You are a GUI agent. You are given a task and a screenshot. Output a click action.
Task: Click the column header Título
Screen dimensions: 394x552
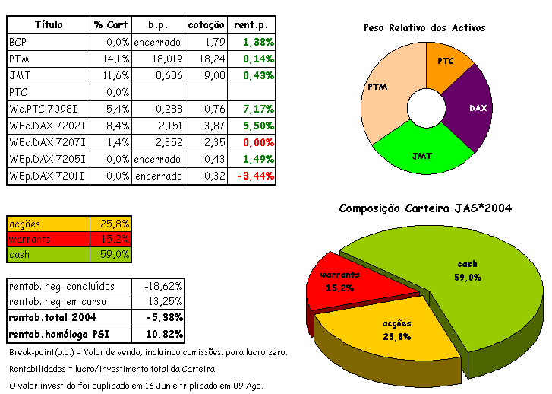click(49, 25)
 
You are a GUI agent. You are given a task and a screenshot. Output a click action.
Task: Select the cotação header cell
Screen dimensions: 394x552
click(206, 25)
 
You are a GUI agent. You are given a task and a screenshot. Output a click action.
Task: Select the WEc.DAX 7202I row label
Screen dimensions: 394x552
click(47, 126)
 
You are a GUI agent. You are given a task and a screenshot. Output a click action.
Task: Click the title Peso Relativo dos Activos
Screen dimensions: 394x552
click(424, 28)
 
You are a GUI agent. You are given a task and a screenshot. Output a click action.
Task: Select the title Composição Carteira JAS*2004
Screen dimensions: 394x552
click(425, 208)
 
